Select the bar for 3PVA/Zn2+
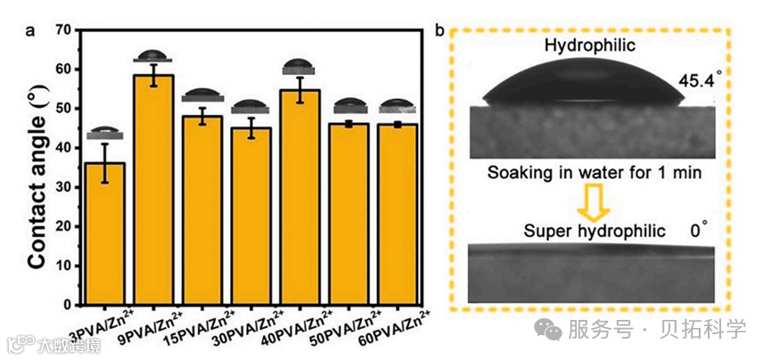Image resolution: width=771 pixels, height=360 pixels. [x=105, y=232]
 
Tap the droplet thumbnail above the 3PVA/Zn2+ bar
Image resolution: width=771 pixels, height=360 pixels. [x=105, y=133]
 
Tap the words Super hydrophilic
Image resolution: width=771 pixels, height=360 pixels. [x=594, y=231]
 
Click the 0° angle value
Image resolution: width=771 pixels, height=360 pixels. [x=698, y=231]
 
